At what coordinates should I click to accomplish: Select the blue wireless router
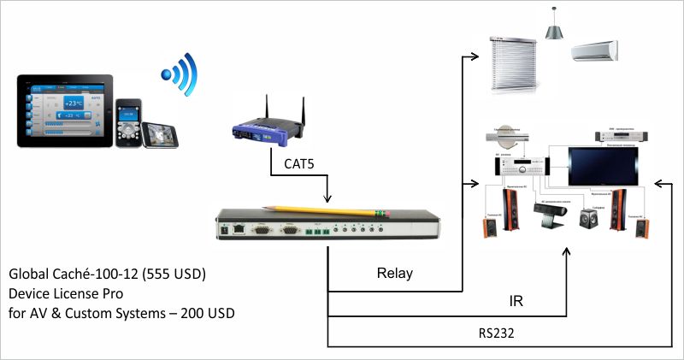coord(268,128)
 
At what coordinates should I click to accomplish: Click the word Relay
coord(394,274)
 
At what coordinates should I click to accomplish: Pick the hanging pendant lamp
coord(553,29)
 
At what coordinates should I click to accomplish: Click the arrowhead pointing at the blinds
coord(475,57)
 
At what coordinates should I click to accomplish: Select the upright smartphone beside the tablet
coord(128,121)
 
